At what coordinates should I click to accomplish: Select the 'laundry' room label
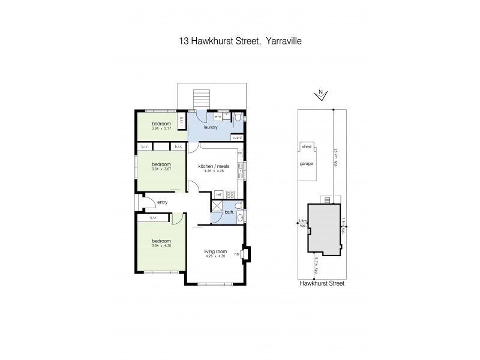pos(211,127)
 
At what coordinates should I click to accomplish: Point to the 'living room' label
pos(214,252)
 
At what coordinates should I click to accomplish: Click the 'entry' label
pos(163,202)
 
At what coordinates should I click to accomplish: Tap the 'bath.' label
pos(230,214)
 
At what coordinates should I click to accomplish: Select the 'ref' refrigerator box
pos(219,194)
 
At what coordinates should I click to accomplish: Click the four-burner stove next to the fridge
pos(232,194)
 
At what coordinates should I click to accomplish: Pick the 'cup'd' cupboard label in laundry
pos(238,138)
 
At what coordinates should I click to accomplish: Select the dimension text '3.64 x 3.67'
pos(161,169)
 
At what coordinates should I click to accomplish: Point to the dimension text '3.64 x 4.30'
pos(161,245)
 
